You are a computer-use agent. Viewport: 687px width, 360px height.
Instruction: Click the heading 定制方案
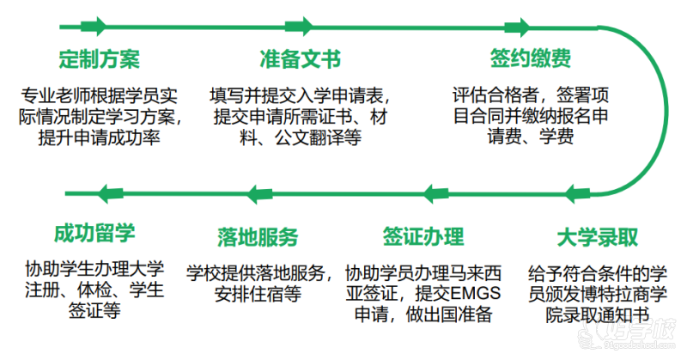click(x=99, y=58)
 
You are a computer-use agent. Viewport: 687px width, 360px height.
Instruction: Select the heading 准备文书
click(x=300, y=58)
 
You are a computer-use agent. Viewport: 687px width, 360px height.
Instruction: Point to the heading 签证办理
click(x=423, y=236)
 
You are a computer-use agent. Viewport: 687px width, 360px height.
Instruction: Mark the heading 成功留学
click(x=94, y=234)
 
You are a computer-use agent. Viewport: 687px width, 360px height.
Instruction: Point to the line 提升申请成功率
click(x=99, y=136)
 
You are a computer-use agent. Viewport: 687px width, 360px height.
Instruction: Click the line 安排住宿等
click(x=258, y=294)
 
